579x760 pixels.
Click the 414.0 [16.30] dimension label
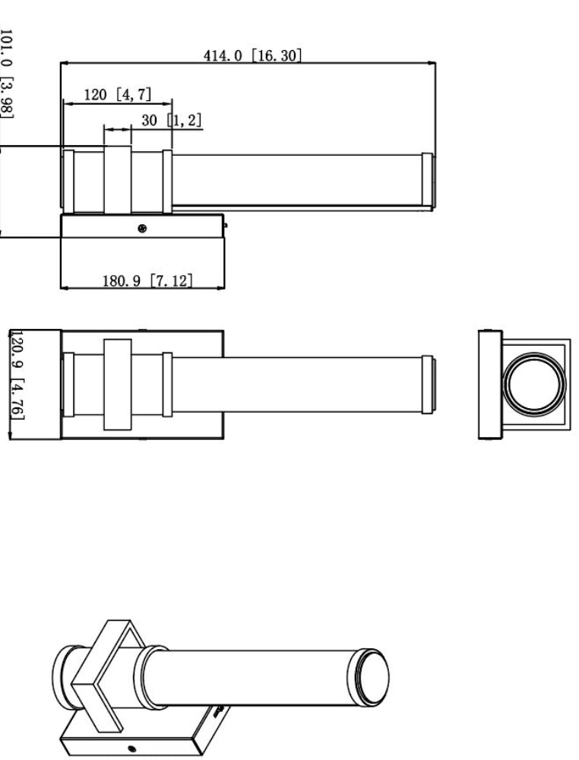point(252,55)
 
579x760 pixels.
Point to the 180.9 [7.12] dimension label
point(147,280)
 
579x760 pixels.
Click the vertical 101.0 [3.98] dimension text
point(6,74)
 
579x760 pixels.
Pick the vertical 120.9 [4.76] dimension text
point(17,375)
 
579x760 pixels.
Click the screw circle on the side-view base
point(142,228)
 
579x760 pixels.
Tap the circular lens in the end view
point(534,383)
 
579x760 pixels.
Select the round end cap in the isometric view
point(369,677)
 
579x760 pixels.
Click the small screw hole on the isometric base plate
point(131,749)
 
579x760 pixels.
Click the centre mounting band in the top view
point(118,385)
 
